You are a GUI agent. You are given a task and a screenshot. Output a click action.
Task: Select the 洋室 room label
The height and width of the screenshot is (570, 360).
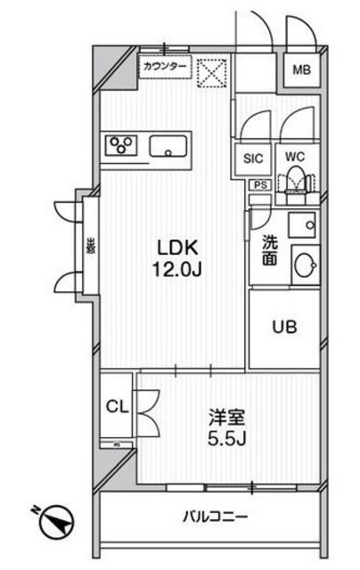click(228, 417)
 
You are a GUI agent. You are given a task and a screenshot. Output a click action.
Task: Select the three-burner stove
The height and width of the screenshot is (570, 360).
click(122, 145)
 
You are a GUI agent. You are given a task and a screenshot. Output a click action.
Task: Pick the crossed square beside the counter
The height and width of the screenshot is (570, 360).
click(211, 73)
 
